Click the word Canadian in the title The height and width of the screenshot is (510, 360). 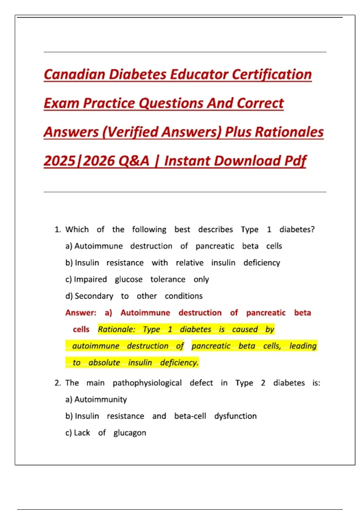[x=74, y=74]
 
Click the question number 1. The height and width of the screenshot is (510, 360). [x=58, y=229]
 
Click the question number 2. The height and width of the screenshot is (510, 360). [x=58, y=383]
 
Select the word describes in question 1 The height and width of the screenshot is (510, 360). [x=215, y=229]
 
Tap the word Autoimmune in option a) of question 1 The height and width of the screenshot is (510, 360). [x=99, y=246]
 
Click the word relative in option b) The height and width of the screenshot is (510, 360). [x=190, y=263]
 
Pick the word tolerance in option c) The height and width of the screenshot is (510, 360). [x=168, y=280]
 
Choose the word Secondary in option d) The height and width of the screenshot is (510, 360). [x=94, y=296]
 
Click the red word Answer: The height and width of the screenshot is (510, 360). [x=81, y=313]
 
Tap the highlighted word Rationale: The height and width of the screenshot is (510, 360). [x=117, y=329]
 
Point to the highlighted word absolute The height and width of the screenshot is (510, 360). [x=104, y=363]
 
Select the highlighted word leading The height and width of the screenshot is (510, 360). [x=303, y=346]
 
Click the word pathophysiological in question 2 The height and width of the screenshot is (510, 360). [x=147, y=383]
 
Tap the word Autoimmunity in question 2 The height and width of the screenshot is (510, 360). [x=101, y=400]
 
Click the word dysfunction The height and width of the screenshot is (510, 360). [x=235, y=416]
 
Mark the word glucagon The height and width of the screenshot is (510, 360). [x=130, y=433]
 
